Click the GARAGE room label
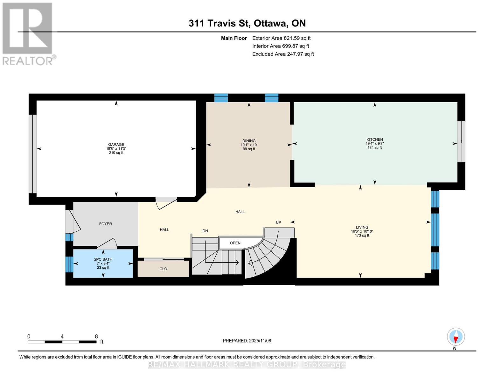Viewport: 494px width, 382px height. (116, 145)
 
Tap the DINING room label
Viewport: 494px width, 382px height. (249, 141)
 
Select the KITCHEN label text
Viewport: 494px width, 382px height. (374, 139)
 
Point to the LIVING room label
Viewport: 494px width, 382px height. (362, 227)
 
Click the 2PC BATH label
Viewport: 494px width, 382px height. (103, 259)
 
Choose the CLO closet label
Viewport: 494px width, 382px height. (163, 269)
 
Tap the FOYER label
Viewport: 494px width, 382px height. (105, 224)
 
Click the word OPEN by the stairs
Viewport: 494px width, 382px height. (235, 243)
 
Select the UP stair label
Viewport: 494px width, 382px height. (278, 223)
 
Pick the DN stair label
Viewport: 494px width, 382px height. (205, 231)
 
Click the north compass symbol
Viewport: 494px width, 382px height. (456, 337)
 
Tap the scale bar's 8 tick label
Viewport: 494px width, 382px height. (96, 336)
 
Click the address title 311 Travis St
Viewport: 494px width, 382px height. (247, 23)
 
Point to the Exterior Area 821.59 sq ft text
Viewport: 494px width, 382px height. (281, 38)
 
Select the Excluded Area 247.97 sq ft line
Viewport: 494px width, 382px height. (283, 54)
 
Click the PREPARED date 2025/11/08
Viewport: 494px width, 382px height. (247, 341)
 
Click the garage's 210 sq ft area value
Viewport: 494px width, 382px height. (116, 153)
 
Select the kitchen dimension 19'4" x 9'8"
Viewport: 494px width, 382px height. (374, 144)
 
